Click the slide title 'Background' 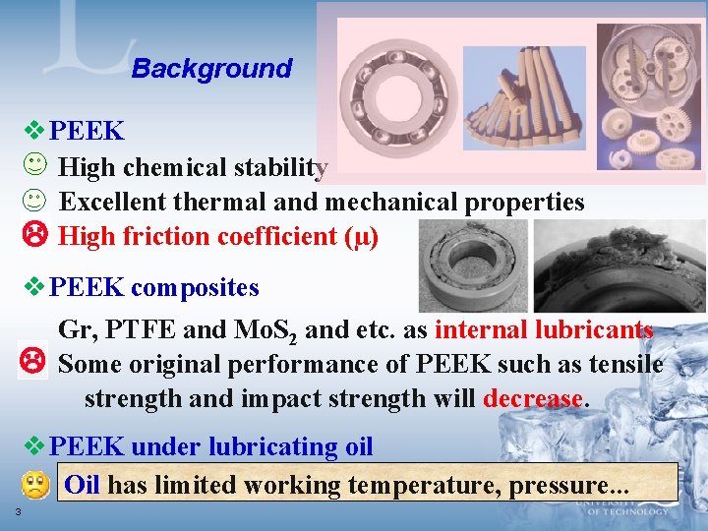point(211,69)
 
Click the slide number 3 point(18,512)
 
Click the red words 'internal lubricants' point(544,329)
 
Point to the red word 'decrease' point(533,399)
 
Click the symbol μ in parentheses point(361,237)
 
